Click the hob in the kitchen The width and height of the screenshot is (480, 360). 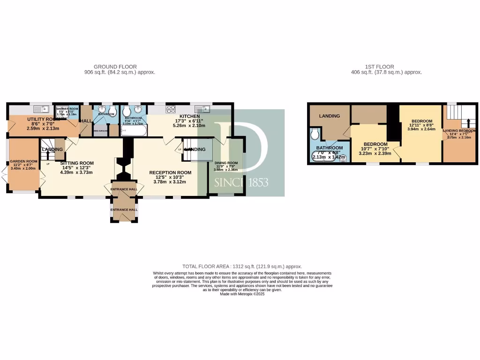(170, 109)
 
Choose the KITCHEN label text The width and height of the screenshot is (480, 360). (189, 116)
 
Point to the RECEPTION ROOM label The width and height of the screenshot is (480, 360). (170, 172)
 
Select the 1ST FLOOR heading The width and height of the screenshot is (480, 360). (380, 67)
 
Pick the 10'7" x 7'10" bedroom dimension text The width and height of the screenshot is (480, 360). (375, 149)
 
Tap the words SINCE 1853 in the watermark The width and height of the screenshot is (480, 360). (241, 182)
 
